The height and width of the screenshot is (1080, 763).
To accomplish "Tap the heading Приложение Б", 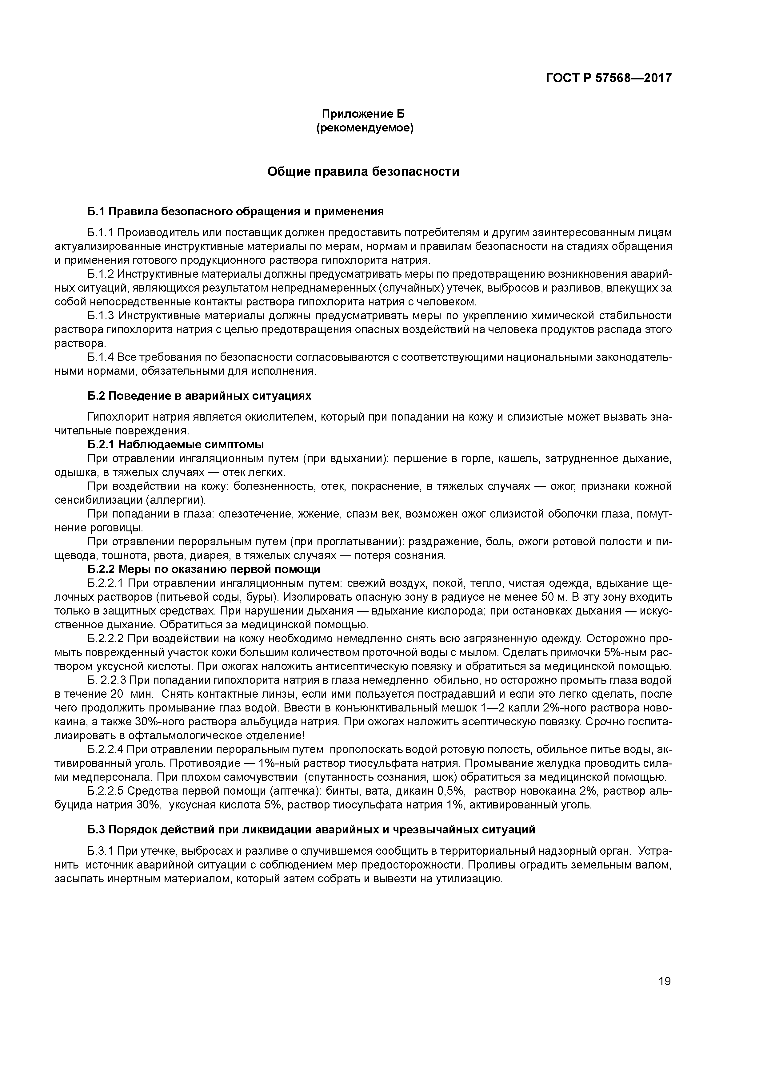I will pos(363,114).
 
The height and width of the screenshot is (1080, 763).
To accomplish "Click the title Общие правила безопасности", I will pos(363,172).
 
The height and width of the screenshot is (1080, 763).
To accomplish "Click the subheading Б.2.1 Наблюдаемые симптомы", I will pos(176,445).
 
